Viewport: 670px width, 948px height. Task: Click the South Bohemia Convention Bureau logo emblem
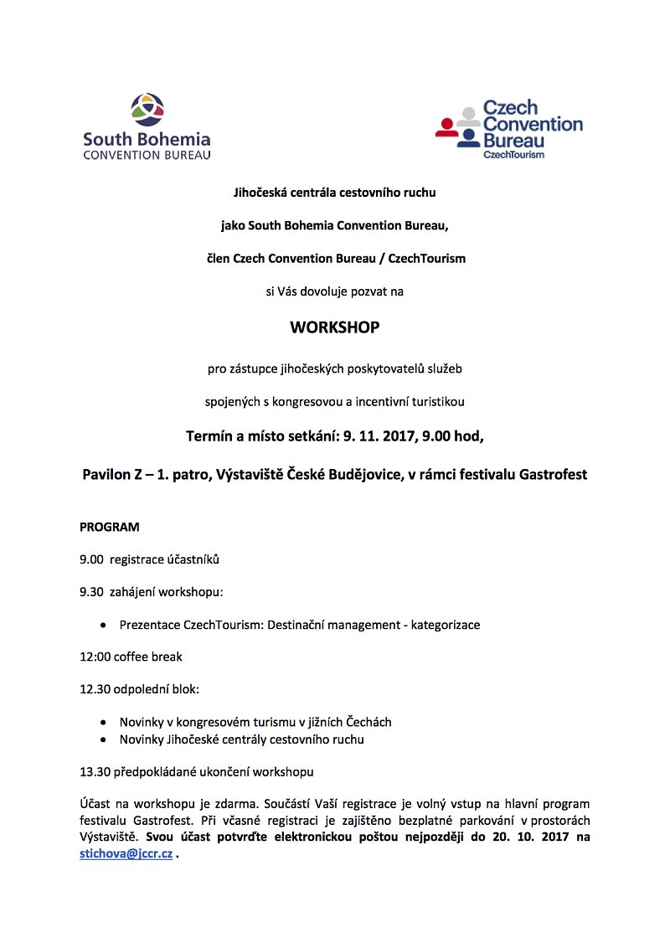click(147, 110)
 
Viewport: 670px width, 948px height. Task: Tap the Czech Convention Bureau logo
click(509, 129)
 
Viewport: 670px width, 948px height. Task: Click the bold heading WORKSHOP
click(334, 327)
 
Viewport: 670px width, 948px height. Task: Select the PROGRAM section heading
click(110, 528)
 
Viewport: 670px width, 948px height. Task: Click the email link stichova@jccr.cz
click(126, 853)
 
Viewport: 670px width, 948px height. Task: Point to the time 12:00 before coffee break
click(95, 657)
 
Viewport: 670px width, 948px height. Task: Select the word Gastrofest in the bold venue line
click(549, 474)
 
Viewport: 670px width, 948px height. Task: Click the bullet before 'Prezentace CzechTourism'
click(102, 626)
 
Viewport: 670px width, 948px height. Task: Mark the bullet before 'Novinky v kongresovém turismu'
click(102, 722)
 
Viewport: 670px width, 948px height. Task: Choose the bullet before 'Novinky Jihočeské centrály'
click(102, 740)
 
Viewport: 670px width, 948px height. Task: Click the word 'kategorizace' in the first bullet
click(446, 625)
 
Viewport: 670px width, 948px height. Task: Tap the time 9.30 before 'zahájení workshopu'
click(91, 592)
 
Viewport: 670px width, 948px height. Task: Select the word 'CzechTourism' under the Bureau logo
click(514, 155)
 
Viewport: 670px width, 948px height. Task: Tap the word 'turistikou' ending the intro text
click(435, 401)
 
